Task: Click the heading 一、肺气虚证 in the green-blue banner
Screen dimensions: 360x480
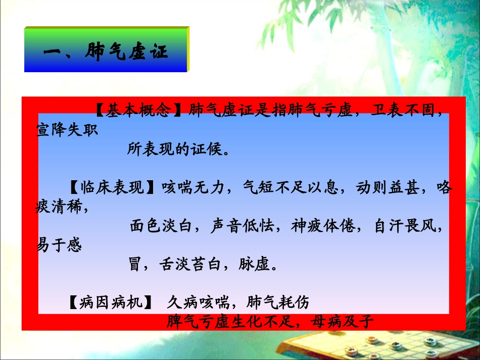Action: [106, 51]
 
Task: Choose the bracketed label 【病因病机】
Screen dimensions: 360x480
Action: [110, 303]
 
